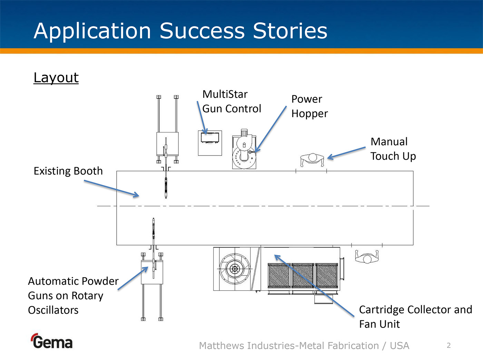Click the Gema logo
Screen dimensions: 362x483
[52, 342]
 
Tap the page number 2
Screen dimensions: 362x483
[448, 345]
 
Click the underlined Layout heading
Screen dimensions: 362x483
[56, 78]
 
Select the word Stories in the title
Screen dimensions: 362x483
[290, 31]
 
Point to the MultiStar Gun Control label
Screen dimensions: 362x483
[231, 101]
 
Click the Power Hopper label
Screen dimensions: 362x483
[309, 106]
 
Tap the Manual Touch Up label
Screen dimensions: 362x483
[393, 149]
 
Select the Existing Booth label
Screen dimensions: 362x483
[68, 171]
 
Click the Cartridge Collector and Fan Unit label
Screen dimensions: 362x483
[415, 316]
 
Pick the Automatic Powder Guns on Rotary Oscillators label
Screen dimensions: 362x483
[73, 295]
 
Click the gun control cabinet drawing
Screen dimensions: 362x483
[210, 143]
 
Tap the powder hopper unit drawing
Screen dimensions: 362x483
[244, 150]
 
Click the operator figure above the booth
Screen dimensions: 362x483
[312, 160]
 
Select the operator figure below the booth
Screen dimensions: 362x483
[367, 257]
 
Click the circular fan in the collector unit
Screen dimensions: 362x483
[235, 269]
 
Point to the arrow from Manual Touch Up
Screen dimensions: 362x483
[346, 153]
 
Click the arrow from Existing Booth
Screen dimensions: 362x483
[111, 189]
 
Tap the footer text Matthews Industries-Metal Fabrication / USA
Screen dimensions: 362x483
[304, 345]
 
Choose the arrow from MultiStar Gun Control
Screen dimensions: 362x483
[201, 118]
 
